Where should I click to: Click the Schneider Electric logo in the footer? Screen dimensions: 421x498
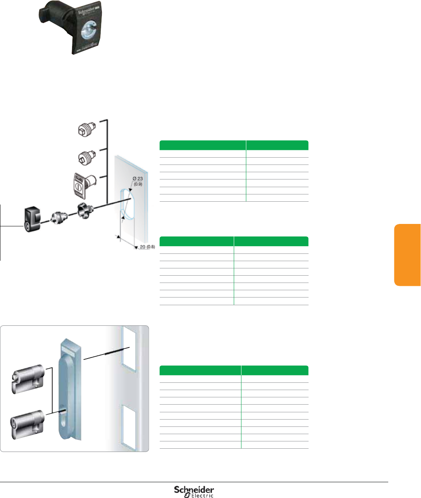click(194, 491)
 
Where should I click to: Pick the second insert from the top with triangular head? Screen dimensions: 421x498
click(85, 156)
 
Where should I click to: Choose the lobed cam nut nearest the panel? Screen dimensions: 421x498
click(85, 211)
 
